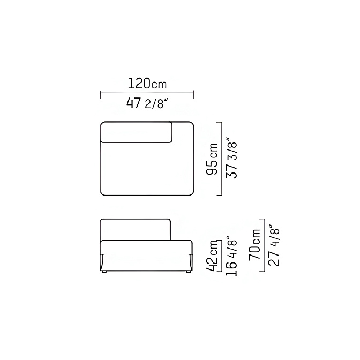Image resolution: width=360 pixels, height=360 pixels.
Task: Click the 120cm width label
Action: point(147,84)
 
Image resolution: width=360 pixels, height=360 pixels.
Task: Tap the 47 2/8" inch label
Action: point(146,104)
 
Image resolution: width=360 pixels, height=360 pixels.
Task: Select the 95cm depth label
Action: point(212,159)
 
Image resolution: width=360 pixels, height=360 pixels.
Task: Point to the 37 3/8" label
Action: point(231,157)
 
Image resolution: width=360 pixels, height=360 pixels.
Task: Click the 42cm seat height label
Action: point(212,256)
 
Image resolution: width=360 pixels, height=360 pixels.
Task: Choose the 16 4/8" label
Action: point(231,255)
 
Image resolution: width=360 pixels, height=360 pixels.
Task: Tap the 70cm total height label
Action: point(254,244)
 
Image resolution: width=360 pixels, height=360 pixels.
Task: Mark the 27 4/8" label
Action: point(274,245)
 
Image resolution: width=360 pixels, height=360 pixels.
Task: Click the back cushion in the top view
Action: point(137,132)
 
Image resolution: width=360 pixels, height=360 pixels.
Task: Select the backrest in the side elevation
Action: point(136,230)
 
